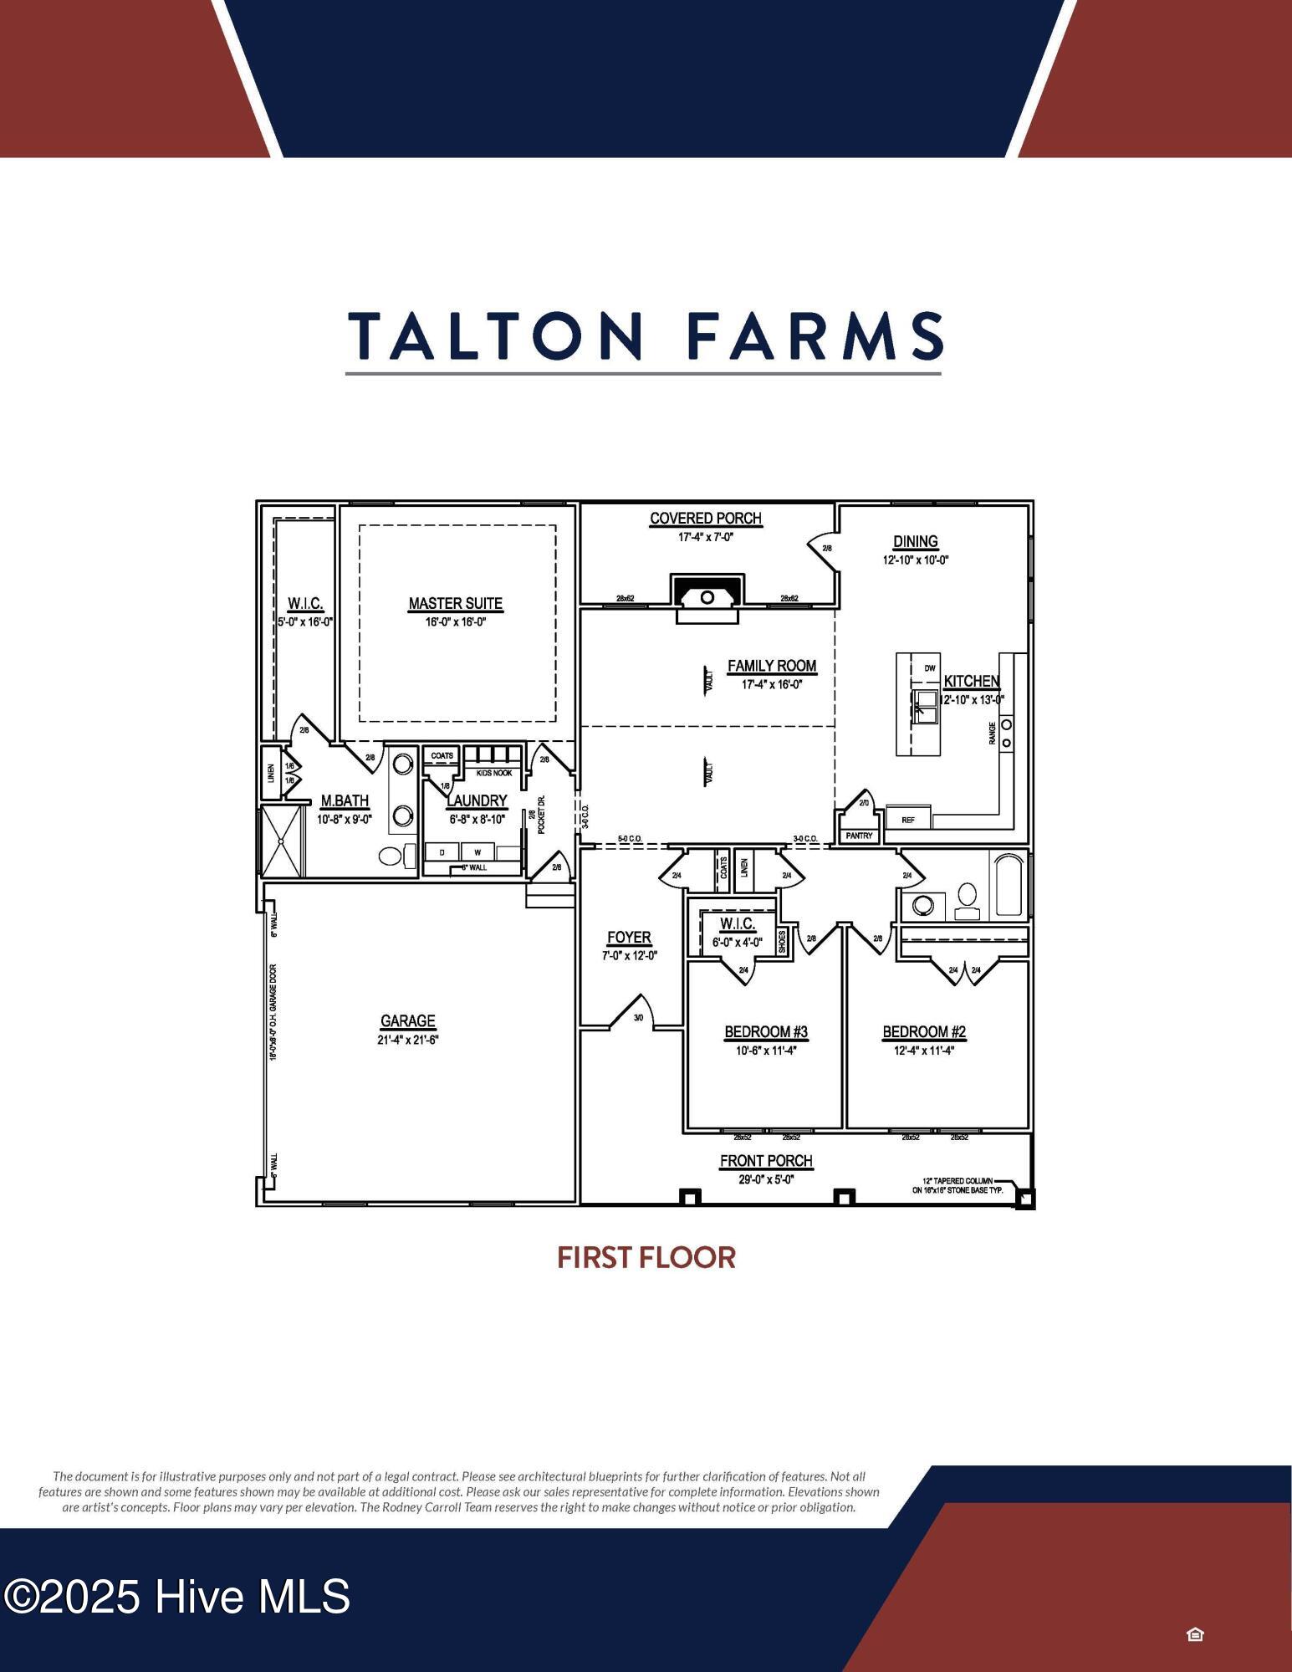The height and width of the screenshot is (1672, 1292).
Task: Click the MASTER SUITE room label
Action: pos(455,603)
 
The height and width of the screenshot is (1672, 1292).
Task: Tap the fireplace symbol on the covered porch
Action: pos(707,596)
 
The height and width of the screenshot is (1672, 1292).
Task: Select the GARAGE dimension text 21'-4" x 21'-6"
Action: pos(408,1040)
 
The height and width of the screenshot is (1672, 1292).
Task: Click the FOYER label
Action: pos(629,938)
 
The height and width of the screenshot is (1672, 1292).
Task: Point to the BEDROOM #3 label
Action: pos(766,1032)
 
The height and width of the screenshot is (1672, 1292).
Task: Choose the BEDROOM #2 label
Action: pos(924,1032)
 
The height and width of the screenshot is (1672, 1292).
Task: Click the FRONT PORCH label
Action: pos(766,1161)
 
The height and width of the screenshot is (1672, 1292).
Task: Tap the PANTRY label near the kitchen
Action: pos(859,836)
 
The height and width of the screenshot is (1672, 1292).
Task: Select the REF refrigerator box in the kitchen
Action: pos(908,820)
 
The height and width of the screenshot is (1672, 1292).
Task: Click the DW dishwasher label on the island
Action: pos(930,668)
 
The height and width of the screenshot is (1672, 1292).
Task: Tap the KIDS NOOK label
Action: pos(494,773)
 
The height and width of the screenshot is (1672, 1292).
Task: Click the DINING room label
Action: pos(916,542)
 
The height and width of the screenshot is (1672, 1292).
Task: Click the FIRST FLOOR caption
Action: pos(646,1257)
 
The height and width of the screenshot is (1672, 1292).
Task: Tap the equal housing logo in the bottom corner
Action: pos(1195,1634)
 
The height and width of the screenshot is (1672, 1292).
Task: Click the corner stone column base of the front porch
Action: pos(1024,1199)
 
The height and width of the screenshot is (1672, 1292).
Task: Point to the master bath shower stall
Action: pos(282,841)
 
